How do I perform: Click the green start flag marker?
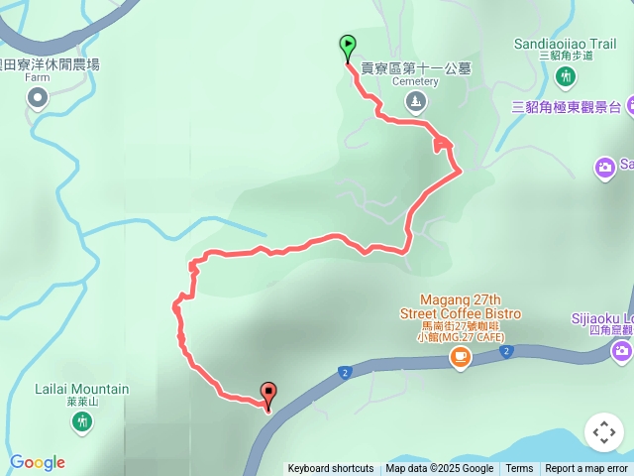tap(348, 46)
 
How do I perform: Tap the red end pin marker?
tap(267, 393)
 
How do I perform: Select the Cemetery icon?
tap(415, 100)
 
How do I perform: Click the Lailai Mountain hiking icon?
tap(83, 421)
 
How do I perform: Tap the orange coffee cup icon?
tap(460, 357)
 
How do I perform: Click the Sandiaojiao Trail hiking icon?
tap(566, 76)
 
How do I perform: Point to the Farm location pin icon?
tap(38, 97)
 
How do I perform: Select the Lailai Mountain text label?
tap(83, 389)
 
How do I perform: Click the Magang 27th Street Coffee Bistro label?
tap(460, 306)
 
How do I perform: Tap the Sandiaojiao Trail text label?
tap(566, 44)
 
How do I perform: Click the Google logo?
tap(38, 462)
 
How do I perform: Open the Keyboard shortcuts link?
tap(331, 469)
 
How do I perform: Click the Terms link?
tap(519, 469)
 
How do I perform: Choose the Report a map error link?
tap(586, 469)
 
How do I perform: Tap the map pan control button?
tap(603, 433)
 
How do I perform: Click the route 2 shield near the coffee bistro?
tap(506, 352)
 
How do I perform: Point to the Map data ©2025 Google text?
tap(439, 469)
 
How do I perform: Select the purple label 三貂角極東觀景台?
tap(566, 107)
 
